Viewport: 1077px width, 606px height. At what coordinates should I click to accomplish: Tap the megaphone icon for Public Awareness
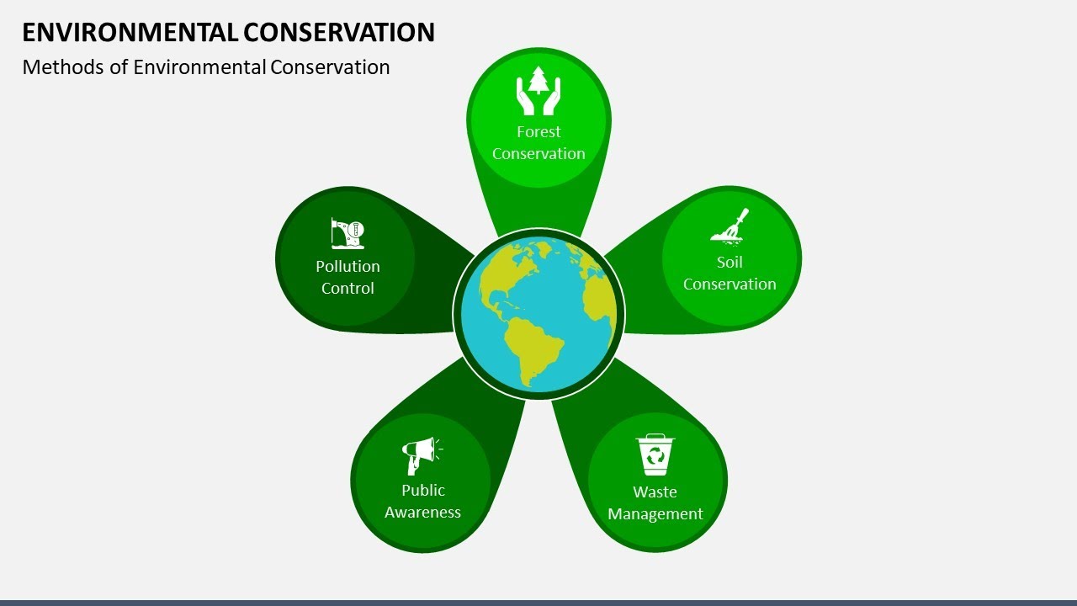[420, 455]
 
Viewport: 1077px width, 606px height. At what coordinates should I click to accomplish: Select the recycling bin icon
[655, 454]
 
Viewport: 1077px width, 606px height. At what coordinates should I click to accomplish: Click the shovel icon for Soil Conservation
[729, 226]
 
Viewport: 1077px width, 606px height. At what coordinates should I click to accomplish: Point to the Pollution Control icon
[348, 233]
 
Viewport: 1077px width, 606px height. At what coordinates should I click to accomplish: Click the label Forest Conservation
[538, 142]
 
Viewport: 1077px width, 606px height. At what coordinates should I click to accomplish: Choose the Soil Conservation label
[729, 273]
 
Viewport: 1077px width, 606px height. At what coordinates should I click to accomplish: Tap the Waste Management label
[655, 502]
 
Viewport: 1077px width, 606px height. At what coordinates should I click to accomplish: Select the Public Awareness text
[422, 501]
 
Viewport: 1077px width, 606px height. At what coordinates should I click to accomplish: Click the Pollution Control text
[348, 277]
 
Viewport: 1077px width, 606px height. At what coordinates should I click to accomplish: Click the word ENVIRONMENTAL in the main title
[130, 32]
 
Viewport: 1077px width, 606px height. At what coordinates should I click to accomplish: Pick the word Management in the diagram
[655, 513]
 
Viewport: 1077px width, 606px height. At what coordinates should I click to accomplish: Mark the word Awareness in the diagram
[422, 512]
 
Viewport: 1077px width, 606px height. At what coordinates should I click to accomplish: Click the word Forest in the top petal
[538, 131]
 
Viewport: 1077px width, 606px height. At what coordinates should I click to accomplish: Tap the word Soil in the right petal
[729, 262]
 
